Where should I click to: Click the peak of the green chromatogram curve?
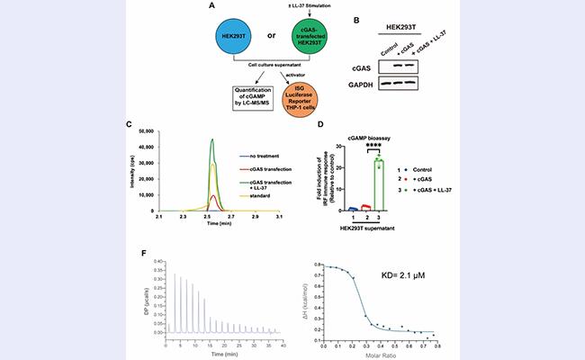(x=211, y=139)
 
